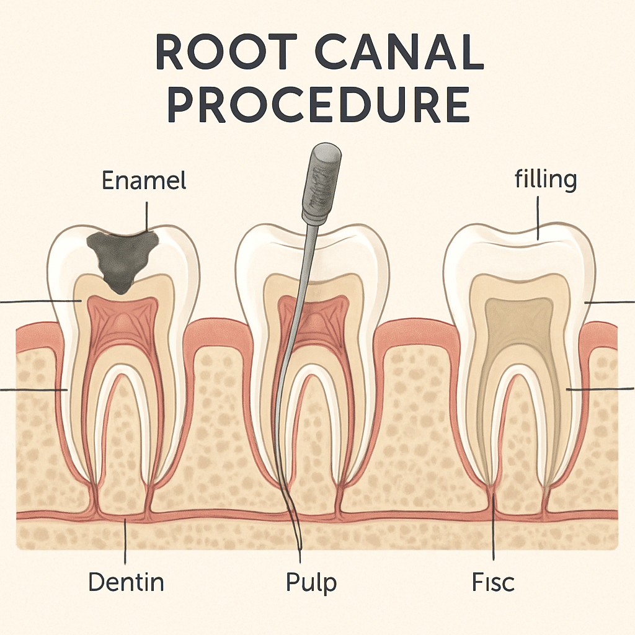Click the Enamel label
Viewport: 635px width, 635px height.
(144, 181)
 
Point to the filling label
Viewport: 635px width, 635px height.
(545, 179)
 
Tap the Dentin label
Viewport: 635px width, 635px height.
(126, 582)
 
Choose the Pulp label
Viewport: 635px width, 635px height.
(311, 583)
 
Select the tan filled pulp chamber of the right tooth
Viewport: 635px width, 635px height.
(518, 329)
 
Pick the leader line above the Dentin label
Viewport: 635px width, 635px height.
(126, 540)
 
